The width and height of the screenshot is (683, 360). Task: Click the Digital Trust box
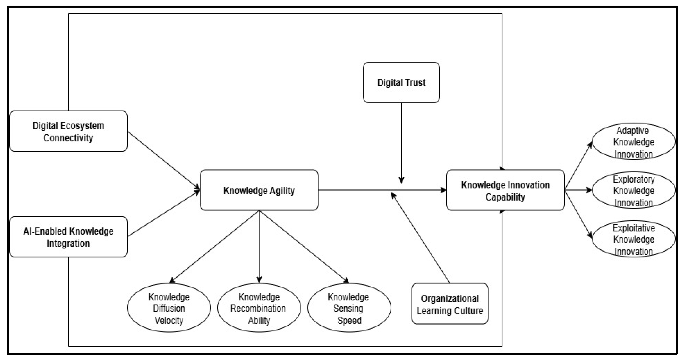[401, 82]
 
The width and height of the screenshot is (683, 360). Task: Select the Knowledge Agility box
[259, 190]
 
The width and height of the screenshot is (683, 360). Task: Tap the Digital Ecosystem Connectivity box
[68, 131]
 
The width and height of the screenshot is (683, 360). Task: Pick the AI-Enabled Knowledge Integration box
[68, 237]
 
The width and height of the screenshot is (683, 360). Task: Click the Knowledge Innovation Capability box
[505, 190]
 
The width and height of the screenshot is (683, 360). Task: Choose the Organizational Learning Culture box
[450, 304]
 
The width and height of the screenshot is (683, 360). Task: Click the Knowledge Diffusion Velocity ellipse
[169, 308]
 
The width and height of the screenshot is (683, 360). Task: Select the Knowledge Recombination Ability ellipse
[259, 308]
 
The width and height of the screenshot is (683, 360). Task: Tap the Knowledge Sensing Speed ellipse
[349, 308]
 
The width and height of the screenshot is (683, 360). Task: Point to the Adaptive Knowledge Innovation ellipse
[633, 142]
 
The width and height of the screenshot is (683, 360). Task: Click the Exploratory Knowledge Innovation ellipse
[633, 190]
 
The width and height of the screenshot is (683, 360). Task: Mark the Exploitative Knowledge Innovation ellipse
[633, 239]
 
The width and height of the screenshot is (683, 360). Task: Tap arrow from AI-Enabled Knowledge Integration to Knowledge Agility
[163, 214]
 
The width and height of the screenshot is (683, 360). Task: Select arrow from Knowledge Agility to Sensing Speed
[304, 246]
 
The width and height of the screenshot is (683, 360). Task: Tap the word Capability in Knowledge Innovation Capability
[505, 197]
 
